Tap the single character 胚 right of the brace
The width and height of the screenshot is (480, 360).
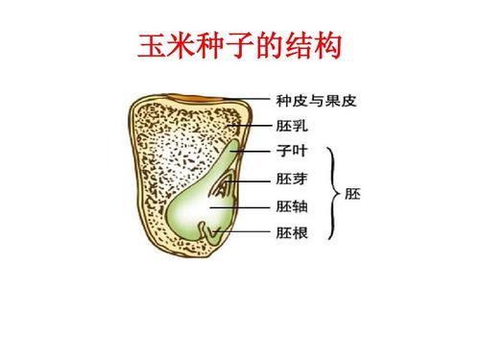352,192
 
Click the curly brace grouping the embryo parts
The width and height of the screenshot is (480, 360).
333,192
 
